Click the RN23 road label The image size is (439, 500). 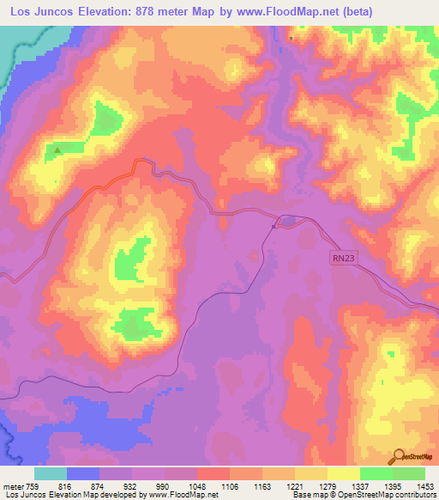click(x=345, y=256)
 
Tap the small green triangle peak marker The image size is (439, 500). click(x=57, y=150)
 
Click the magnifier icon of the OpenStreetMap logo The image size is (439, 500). click(x=398, y=456)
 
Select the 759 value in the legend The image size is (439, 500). click(x=33, y=485)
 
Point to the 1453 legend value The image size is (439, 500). click(x=424, y=485)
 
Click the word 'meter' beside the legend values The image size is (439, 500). click(x=11, y=485)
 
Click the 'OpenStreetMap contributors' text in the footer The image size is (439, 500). click(x=394, y=495)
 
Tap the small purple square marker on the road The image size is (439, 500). click(x=274, y=227)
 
